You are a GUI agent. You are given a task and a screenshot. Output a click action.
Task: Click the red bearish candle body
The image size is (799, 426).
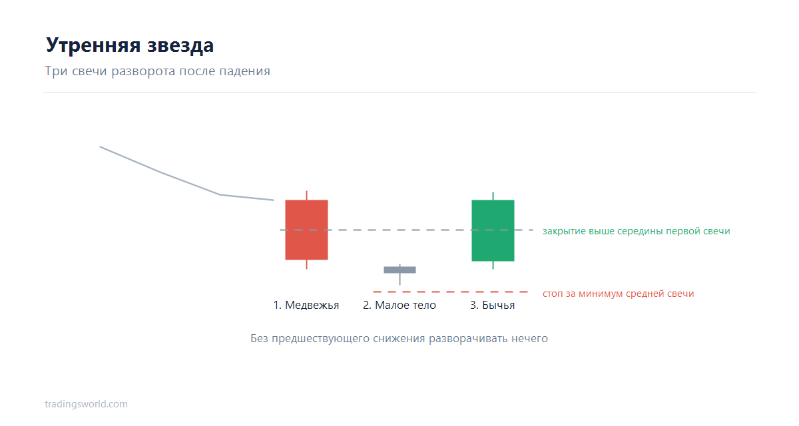click(x=306, y=230)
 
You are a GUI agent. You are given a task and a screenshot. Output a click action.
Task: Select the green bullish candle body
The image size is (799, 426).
click(x=493, y=231)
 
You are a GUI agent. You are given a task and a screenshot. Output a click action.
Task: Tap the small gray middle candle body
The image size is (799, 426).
click(x=400, y=270)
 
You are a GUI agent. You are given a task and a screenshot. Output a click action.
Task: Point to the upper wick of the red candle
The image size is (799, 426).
click(x=306, y=195)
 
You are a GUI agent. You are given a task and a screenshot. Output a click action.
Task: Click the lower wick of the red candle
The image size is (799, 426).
click(x=306, y=264)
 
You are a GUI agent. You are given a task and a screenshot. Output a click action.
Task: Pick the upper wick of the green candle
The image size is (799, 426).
click(x=493, y=196)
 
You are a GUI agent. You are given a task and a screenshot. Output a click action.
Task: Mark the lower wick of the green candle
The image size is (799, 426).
click(x=493, y=265)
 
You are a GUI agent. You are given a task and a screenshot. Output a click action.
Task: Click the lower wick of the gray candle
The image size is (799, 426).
click(x=400, y=279)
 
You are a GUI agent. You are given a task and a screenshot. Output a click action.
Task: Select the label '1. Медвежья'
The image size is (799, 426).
click(x=306, y=305)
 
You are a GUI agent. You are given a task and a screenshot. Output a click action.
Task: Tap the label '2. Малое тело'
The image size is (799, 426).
click(x=400, y=305)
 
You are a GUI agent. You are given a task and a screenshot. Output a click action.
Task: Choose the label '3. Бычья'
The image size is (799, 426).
click(x=493, y=305)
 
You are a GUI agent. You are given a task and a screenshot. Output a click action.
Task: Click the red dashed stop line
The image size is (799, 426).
click(x=450, y=292)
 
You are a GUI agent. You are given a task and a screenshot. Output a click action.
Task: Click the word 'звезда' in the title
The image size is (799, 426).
click(x=180, y=45)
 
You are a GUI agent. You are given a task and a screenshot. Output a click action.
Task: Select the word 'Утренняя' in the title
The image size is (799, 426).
click(x=93, y=45)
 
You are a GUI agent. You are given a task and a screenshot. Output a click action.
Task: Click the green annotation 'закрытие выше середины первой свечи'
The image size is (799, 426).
click(x=637, y=231)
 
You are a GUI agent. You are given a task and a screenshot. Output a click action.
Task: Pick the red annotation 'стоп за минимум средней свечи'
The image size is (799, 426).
click(x=618, y=294)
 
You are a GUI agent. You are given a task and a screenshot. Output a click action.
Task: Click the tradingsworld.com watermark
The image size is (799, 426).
click(x=86, y=404)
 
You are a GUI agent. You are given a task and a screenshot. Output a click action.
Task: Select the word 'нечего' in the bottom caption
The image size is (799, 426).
click(x=530, y=338)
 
